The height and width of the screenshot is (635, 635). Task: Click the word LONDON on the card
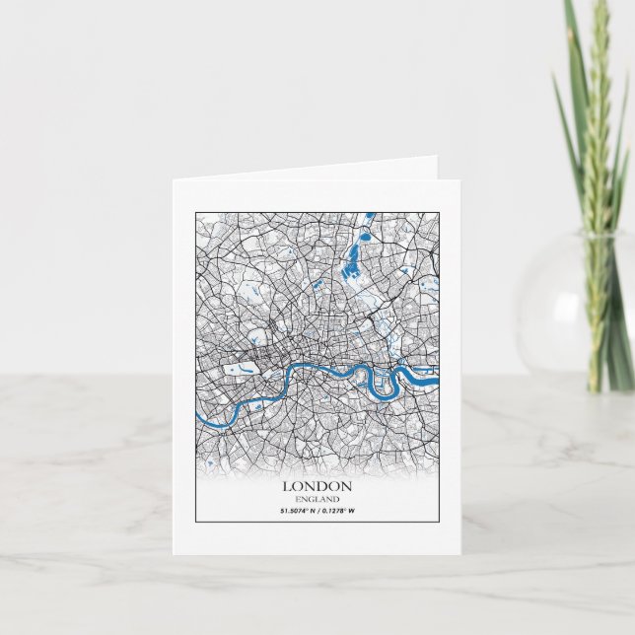tap(317, 486)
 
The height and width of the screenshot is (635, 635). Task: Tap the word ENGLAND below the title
tap(317, 499)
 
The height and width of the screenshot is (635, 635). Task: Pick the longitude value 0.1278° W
tap(337, 510)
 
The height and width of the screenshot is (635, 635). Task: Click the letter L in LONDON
tap(288, 486)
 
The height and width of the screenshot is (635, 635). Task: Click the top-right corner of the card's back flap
tap(436, 158)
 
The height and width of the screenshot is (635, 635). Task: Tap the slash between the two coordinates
tap(317, 510)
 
